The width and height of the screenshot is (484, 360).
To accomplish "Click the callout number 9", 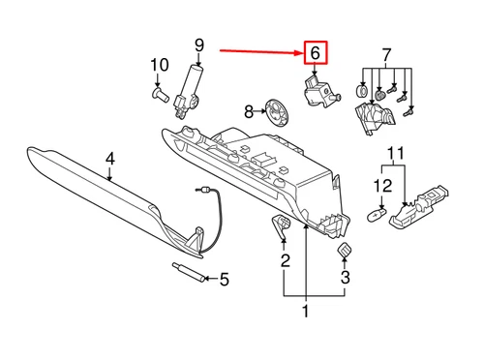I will (199, 45).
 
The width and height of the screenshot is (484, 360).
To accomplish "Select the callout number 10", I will (158, 66).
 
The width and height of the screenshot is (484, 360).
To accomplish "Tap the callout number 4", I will (110, 158).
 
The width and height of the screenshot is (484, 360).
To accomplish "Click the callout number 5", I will (224, 281).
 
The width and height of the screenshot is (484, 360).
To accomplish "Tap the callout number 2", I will (285, 259).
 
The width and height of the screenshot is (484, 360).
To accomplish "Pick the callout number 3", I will (345, 282).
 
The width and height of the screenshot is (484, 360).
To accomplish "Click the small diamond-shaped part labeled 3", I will (344, 252).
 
